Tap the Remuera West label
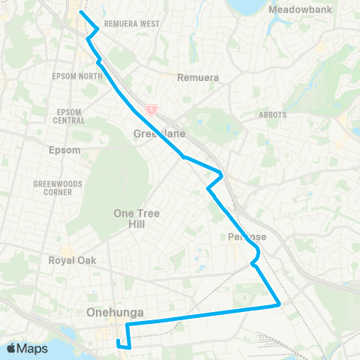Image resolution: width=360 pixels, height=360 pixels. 133,24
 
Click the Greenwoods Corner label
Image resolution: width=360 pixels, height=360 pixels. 52,187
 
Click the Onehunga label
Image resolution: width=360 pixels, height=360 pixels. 115,313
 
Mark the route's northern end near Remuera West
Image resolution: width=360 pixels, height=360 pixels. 81,13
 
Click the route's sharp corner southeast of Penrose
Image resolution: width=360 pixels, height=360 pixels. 280,304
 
